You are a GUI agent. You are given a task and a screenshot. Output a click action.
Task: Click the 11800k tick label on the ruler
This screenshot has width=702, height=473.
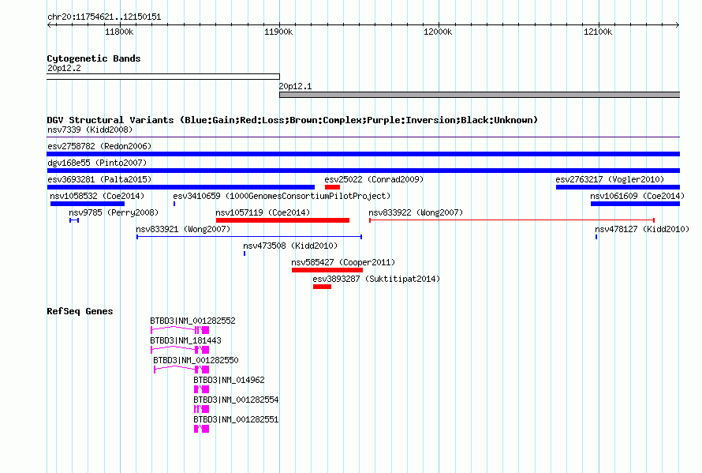tap(119, 32)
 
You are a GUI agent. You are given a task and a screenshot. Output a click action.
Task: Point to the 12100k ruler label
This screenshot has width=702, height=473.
tap(598, 32)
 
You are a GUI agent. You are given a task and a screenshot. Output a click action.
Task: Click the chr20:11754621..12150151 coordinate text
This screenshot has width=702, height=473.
tap(104, 17)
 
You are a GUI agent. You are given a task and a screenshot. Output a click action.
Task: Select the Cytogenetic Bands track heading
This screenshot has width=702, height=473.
tap(94, 58)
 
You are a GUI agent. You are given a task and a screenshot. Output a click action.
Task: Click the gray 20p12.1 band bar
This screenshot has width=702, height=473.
tap(480, 95)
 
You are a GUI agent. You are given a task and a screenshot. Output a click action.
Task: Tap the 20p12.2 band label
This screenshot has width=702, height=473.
tap(64, 68)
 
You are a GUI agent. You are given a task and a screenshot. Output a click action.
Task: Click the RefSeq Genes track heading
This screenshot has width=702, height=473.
tap(80, 311)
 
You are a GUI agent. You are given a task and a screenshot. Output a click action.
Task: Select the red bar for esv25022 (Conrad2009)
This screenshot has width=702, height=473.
tap(332, 187)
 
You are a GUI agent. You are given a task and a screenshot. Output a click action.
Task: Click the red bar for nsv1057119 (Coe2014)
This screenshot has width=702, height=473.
tap(282, 220)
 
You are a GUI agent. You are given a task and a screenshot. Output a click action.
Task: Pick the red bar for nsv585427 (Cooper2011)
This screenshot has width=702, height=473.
tap(327, 270)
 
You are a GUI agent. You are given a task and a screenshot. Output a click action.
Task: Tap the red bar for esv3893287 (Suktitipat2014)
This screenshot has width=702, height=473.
tap(322, 287)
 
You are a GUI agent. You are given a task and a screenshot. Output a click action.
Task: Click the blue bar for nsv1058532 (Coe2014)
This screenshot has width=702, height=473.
tap(88, 204)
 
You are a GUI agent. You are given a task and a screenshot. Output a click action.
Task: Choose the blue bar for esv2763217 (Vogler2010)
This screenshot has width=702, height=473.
tap(618, 187)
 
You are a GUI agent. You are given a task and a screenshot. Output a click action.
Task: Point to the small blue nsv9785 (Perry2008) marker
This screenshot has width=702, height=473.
tap(74, 220)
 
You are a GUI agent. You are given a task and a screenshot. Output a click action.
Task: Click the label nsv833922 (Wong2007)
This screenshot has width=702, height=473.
tap(416, 212)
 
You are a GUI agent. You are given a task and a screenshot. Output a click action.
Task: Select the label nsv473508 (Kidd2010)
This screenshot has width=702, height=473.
tap(290, 246)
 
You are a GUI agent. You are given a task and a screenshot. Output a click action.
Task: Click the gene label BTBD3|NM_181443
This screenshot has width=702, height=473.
tap(185, 340)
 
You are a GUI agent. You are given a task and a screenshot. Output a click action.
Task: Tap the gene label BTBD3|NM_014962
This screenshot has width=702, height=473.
tap(229, 380)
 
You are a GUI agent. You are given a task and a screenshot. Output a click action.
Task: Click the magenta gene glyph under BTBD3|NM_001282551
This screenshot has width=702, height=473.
tap(201, 429)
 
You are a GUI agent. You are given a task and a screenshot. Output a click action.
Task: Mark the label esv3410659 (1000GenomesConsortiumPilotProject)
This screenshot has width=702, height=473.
tap(282, 196)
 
